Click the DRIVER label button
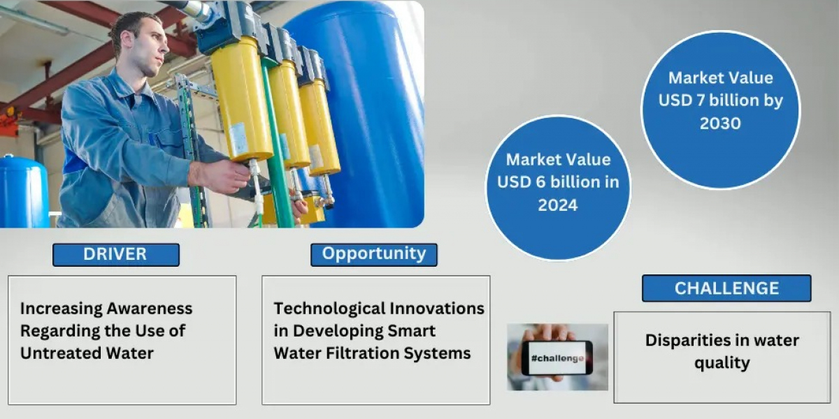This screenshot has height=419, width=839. tap(116, 255)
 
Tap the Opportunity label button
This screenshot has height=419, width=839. tap(374, 255)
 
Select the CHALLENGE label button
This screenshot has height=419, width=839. tap(726, 288)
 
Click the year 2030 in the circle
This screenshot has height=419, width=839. tap(720, 124)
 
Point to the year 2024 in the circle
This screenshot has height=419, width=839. tap(558, 205)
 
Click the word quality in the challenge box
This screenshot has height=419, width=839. tap(722, 363)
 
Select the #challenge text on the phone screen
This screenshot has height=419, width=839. tap(557, 358)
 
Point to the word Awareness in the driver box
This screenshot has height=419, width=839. tap(150, 309)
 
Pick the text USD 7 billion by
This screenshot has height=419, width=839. tap(721, 101)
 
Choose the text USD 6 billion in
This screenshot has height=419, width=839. tap(558, 182)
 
